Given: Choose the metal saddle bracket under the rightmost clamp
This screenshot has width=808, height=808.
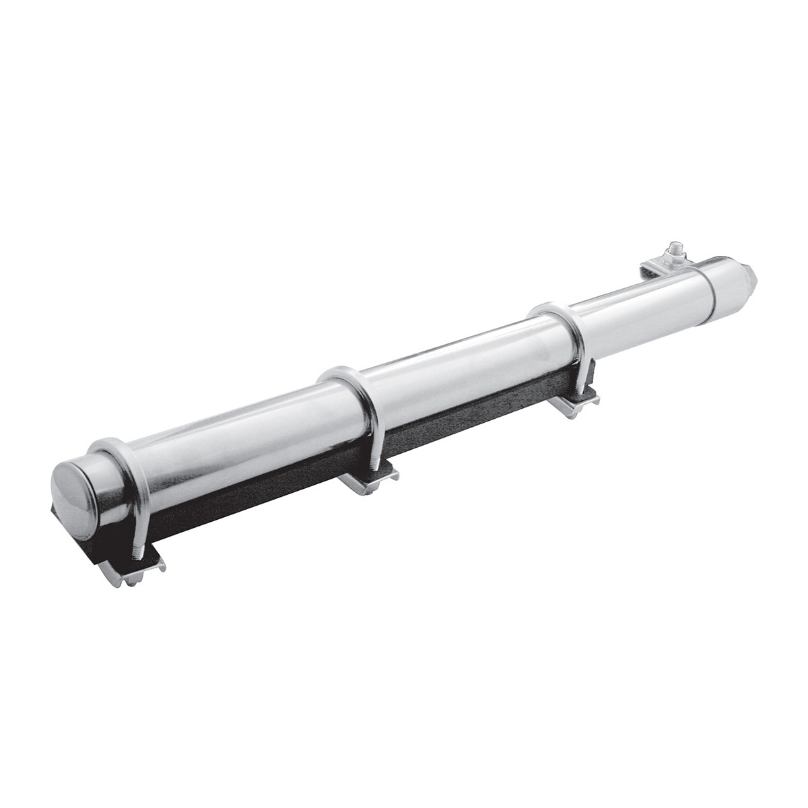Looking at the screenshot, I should coord(572,404).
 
